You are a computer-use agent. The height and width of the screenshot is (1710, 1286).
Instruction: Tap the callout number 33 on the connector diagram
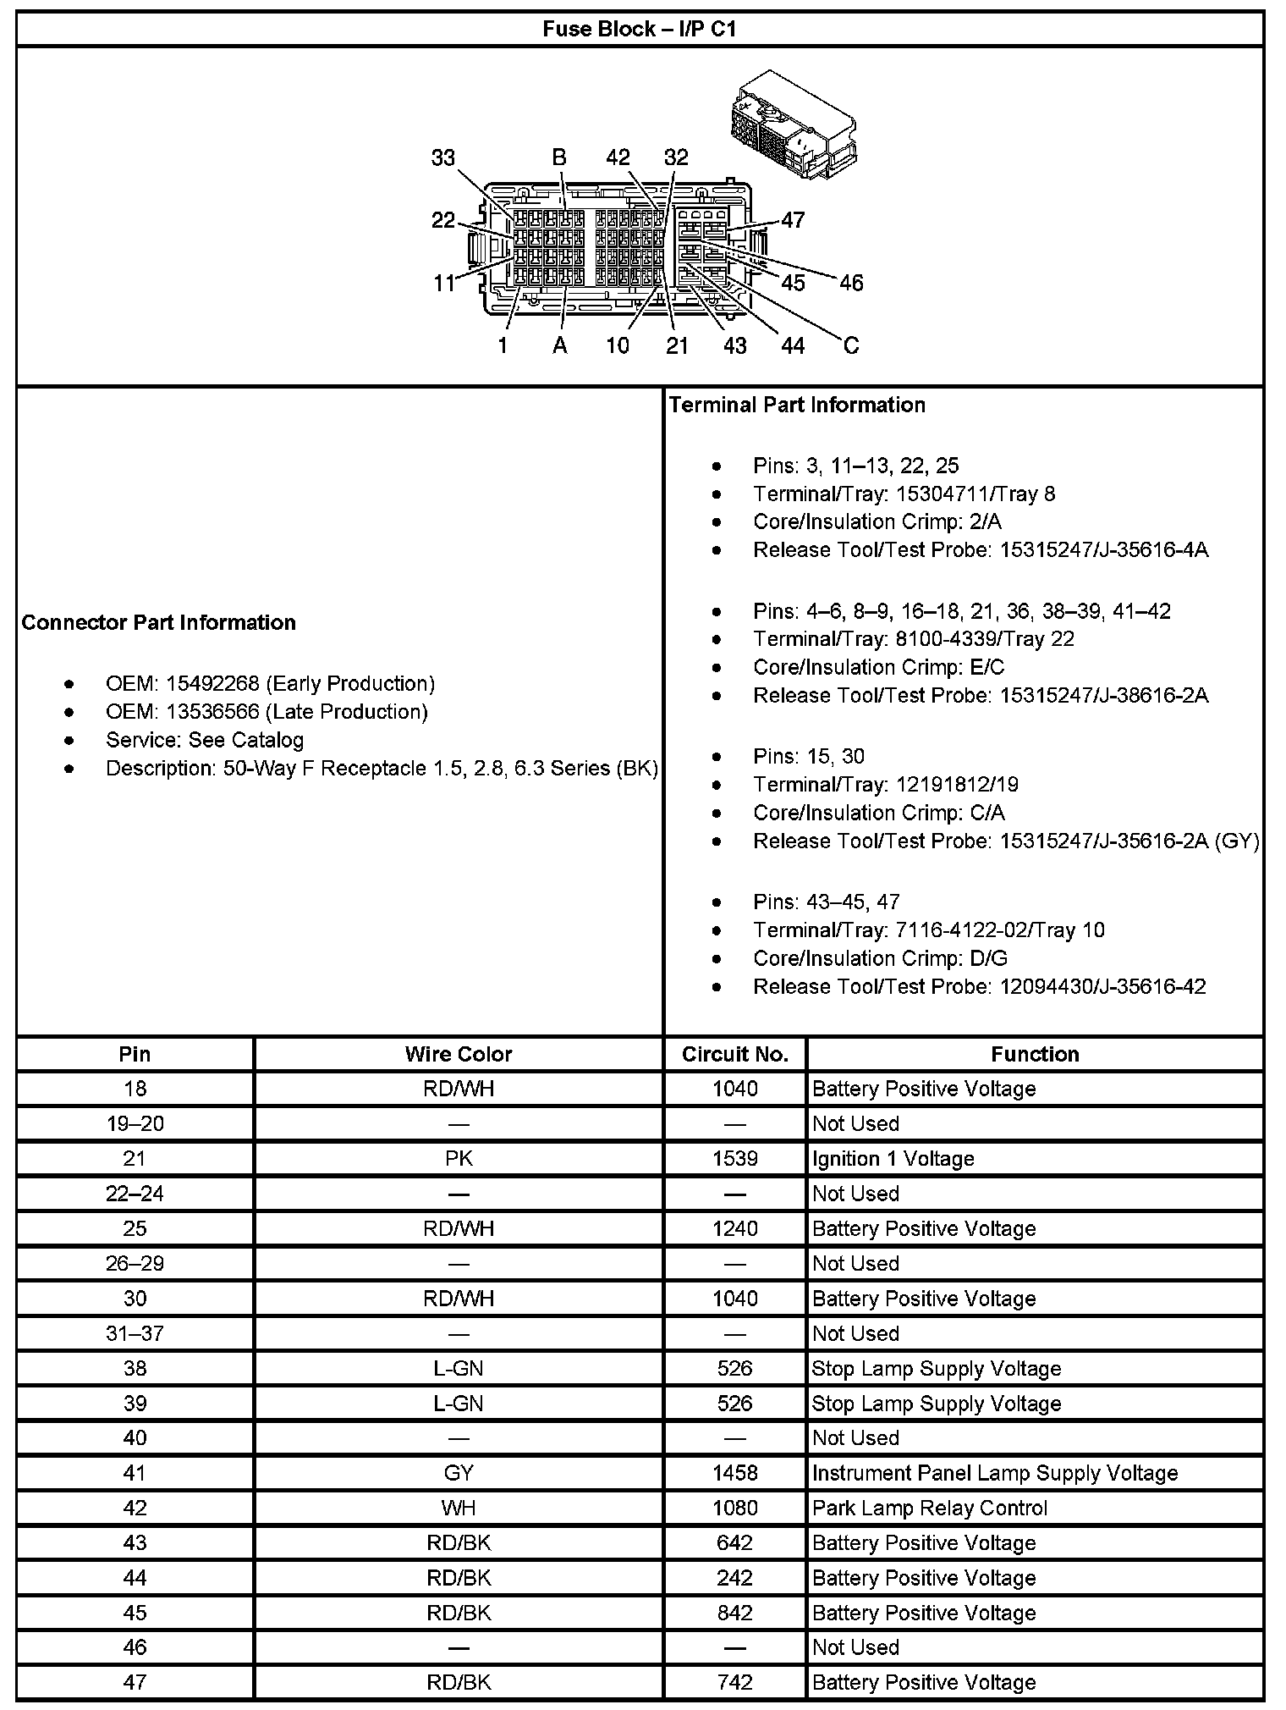click(442, 158)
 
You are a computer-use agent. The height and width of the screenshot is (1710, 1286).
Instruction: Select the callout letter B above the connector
click(559, 157)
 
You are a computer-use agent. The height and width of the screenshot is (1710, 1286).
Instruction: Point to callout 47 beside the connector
click(793, 220)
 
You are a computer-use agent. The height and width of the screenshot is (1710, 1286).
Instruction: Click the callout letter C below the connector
click(851, 345)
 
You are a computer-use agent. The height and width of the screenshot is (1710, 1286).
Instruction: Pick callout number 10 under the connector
click(618, 345)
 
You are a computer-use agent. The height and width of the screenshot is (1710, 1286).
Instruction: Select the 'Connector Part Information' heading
click(159, 623)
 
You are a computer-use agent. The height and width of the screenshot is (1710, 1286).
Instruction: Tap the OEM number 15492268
click(212, 684)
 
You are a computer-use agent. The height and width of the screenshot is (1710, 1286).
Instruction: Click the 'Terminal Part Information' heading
click(797, 405)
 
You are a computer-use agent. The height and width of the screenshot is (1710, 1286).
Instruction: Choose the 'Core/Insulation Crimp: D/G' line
click(880, 958)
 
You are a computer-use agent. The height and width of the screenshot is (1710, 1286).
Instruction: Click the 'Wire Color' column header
click(459, 1054)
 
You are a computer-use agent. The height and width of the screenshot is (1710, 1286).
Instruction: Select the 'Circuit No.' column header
click(735, 1054)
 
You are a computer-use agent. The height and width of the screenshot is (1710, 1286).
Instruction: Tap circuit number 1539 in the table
click(735, 1159)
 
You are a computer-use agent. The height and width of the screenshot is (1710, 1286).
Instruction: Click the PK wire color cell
click(459, 1159)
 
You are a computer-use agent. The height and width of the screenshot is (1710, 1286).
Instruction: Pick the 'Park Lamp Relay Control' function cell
click(929, 1508)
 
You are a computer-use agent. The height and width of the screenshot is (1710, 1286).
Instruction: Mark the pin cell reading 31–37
click(135, 1333)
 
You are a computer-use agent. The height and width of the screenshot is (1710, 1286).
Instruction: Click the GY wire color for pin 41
click(459, 1473)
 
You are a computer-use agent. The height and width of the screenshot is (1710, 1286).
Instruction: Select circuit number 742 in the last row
click(735, 1682)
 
